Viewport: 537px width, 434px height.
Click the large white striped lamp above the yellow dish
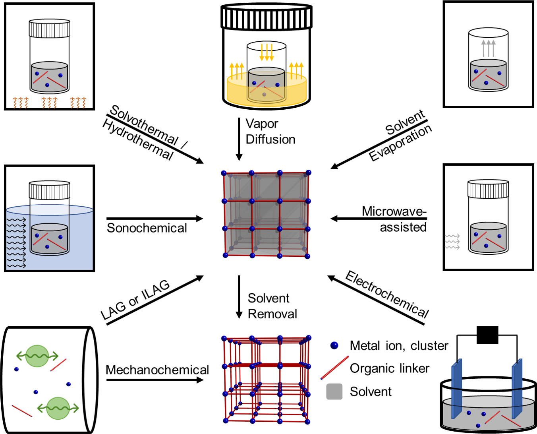[267, 17]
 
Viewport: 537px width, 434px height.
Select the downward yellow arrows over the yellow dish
[267, 52]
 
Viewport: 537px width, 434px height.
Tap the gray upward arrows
[488, 48]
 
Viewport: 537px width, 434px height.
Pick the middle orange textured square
[49, 103]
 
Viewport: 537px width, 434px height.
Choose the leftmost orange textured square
[21, 103]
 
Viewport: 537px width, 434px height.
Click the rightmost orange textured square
[78, 103]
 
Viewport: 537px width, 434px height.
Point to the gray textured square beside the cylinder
[452, 241]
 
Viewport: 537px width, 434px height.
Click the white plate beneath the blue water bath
[52, 275]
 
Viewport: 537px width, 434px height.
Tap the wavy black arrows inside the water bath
[16, 242]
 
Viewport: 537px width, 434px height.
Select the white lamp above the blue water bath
[50, 190]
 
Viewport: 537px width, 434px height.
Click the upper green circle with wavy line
[37, 356]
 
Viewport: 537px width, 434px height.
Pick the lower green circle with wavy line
[58, 408]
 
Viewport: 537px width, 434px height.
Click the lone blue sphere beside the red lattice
[334, 345]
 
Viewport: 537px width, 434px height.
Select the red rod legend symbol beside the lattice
[335, 368]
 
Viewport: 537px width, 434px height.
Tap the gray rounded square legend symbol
[334, 391]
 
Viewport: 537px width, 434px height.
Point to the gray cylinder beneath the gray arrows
[488, 75]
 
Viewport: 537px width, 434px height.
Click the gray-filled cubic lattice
[267, 215]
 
